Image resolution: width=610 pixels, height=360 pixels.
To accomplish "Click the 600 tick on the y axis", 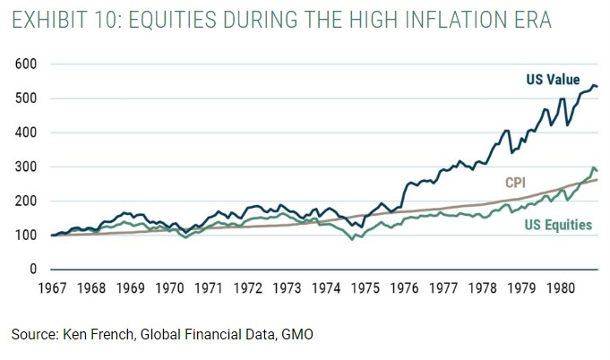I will (x=26, y=64).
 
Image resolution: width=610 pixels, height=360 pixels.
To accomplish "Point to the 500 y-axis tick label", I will (x=26, y=99).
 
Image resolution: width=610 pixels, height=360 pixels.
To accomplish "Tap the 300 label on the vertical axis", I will (x=26, y=167).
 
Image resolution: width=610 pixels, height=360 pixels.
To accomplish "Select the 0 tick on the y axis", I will (x=33, y=270).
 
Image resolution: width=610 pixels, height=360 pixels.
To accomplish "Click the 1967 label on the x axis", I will (x=53, y=289).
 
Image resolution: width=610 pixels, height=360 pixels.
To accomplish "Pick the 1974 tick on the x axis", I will (x=327, y=289).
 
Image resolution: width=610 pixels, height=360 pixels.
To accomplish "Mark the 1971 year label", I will (x=209, y=289).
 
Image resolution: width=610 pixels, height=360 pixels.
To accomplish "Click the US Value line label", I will (x=552, y=81).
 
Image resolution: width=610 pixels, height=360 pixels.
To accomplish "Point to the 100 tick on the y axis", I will (x=26, y=236).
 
